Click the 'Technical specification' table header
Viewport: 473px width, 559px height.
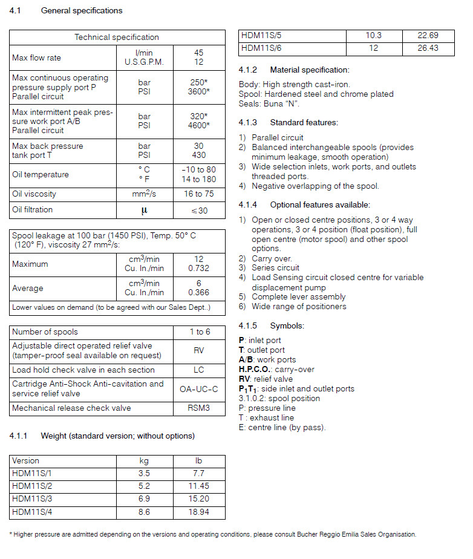pyautogui.click(x=117, y=38)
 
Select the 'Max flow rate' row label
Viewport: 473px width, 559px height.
pyautogui.click(x=37, y=58)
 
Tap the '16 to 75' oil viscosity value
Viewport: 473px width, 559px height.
pyautogui.click(x=198, y=194)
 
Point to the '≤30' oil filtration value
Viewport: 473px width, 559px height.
pyautogui.click(x=198, y=211)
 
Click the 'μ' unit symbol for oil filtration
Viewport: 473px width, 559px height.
pyautogui.click(x=145, y=211)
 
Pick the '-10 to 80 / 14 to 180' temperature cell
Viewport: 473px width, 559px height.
pyautogui.click(x=198, y=174)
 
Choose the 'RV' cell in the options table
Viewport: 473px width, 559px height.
pyautogui.click(x=198, y=350)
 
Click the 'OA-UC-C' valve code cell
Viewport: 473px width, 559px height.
pyautogui.click(x=198, y=388)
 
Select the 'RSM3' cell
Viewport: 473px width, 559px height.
pyautogui.click(x=198, y=408)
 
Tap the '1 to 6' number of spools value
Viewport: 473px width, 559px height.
pyautogui.click(x=198, y=332)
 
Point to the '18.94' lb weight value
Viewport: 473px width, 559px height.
pyautogui.click(x=198, y=512)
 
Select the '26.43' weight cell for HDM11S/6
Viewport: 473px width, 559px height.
pyautogui.click(x=428, y=48)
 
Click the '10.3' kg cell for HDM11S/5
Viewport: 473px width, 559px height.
pyautogui.click(x=374, y=36)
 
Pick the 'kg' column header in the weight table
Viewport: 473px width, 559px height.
pyautogui.click(x=145, y=461)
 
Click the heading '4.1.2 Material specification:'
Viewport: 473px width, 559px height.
pyautogui.click(x=294, y=70)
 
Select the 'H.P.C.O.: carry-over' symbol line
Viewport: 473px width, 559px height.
pyautogui.click(x=276, y=369)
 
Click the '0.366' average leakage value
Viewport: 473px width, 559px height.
pyautogui.click(x=198, y=293)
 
